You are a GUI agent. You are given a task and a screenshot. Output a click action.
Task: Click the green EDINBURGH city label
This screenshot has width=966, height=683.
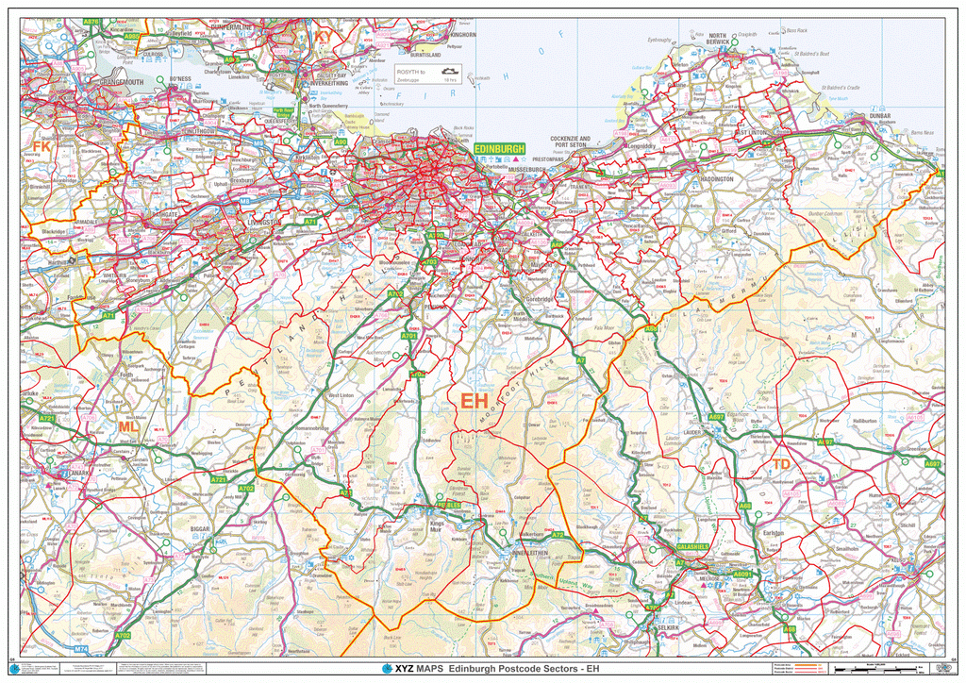498,149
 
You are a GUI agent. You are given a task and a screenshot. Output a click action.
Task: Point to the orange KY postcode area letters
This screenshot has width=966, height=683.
324,37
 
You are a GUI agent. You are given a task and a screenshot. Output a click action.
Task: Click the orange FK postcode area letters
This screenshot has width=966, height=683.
42,146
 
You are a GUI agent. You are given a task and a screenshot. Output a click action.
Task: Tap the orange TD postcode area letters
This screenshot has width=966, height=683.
782,464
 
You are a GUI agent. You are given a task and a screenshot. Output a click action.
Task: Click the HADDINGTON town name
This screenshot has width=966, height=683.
716,178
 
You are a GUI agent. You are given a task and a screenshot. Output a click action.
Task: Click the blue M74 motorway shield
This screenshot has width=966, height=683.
81,650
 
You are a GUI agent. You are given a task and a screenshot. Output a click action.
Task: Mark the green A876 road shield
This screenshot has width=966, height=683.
92,21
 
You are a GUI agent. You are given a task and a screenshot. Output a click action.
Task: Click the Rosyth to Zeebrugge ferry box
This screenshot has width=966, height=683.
427,75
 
